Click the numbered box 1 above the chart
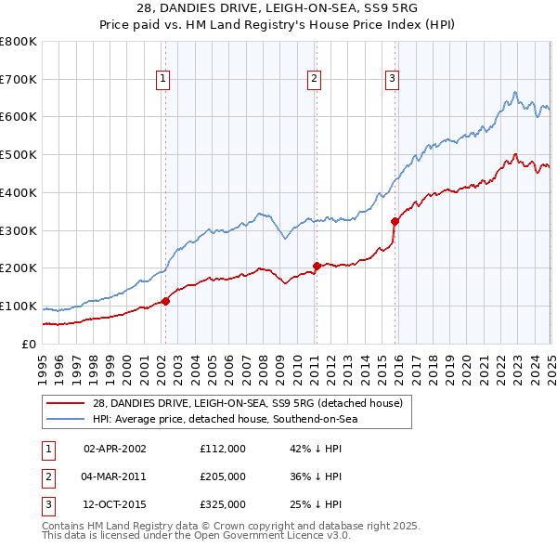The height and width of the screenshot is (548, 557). (162, 80)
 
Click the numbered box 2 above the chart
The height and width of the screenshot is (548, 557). (315, 80)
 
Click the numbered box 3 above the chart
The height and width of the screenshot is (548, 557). (393, 80)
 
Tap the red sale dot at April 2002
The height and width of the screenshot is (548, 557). (166, 301)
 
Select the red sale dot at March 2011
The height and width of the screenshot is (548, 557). (317, 266)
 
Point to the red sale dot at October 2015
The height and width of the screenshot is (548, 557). (395, 221)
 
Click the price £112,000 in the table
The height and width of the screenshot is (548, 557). (223, 448)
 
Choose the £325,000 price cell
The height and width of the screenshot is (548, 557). (223, 505)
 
